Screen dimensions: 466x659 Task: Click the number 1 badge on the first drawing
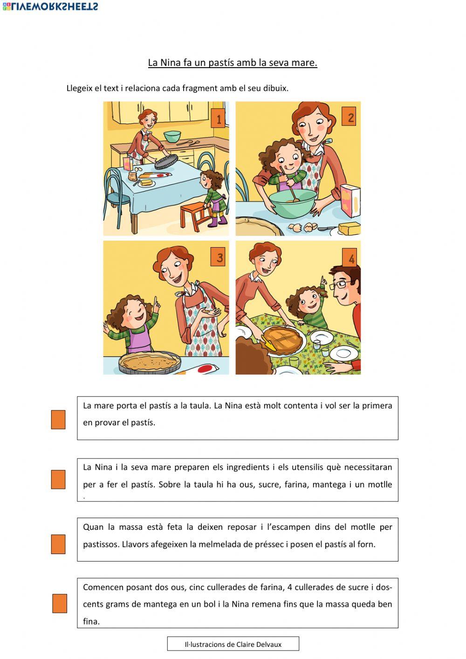click(218, 118)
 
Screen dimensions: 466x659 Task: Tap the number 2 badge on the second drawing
click(349, 117)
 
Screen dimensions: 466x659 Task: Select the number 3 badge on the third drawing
click(218, 257)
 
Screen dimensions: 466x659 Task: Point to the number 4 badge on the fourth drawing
click(349, 258)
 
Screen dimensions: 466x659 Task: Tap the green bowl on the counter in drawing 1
click(172, 136)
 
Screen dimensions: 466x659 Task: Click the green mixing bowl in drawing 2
click(292, 203)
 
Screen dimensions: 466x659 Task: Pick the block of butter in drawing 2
click(349, 229)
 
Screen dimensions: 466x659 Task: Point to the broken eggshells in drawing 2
click(303, 227)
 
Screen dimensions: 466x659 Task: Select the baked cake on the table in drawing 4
click(283, 340)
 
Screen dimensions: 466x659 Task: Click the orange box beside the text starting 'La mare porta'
click(58, 420)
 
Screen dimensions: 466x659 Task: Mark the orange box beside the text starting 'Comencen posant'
click(60, 604)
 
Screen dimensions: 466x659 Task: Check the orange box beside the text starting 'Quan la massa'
click(58, 544)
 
